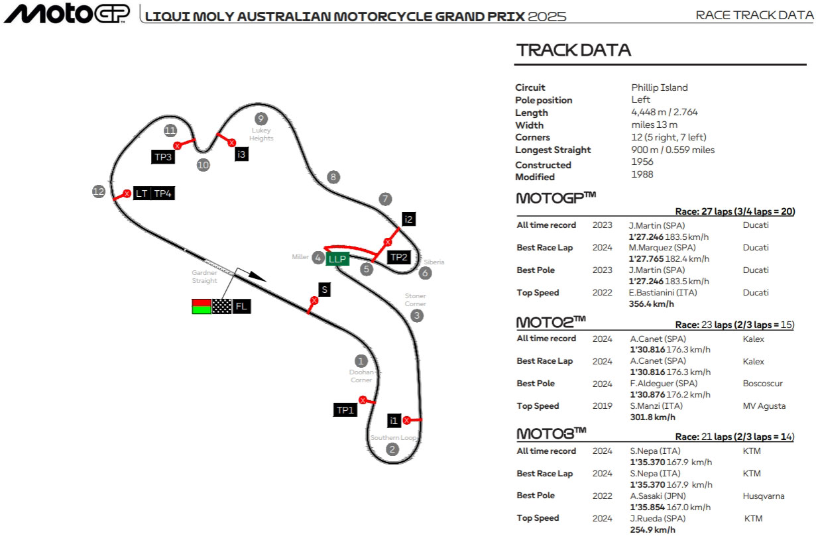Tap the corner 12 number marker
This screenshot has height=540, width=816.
[x=99, y=191]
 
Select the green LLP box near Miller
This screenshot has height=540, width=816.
[x=337, y=259]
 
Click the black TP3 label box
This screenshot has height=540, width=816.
[x=163, y=157]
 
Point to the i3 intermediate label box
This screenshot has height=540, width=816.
[x=241, y=154]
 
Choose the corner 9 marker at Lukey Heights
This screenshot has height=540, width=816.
[x=261, y=119]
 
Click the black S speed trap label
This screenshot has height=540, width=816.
[x=324, y=290]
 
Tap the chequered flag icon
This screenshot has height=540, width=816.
[x=221, y=306]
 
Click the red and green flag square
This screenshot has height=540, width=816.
[x=201, y=306]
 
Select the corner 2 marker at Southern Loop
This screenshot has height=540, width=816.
[x=392, y=450]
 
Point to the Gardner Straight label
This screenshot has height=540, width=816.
[x=204, y=276]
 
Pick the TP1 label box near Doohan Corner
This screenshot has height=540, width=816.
[x=345, y=410]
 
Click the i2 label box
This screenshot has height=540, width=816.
[x=409, y=219]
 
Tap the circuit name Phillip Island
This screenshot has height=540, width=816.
[x=659, y=87]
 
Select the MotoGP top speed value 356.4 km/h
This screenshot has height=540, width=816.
[x=651, y=304]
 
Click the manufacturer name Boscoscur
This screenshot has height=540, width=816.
[x=762, y=384]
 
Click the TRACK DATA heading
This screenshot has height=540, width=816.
[x=573, y=50]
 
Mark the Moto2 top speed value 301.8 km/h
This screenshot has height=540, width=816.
[x=652, y=417]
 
